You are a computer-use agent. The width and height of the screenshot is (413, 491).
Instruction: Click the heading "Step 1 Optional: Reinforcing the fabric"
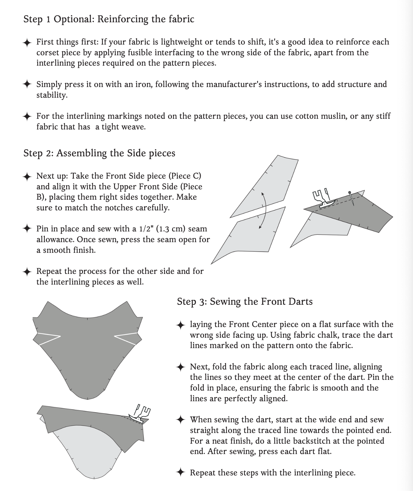pos(109,19)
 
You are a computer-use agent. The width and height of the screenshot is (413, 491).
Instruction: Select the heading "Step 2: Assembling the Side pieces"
pos(99,153)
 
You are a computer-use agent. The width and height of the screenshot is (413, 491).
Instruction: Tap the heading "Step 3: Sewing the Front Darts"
pos(245,302)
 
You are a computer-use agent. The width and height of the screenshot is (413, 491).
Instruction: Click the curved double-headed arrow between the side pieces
pos(263,211)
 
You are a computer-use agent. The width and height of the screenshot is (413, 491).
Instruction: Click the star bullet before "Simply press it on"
pos(27,84)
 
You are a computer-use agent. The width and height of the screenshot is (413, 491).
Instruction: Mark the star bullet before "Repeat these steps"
pos(181,473)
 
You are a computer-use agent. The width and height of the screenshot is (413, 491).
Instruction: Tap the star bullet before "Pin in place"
pos(27,229)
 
